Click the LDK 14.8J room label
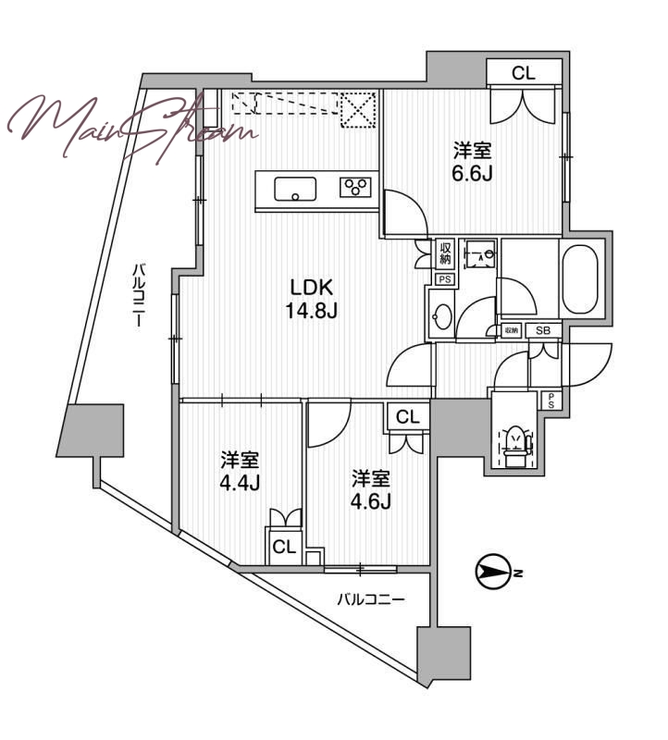pyautogui.click(x=311, y=299)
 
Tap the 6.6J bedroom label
pyautogui.click(x=473, y=163)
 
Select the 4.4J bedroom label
pyautogui.click(x=240, y=472)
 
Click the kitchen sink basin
pyautogui.click(x=295, y=189)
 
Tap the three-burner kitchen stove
pyautogui.click(x=355, y=188)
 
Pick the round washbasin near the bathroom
pyautogui.click(x=442, y=316)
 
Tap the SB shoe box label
pyautogui.click(x=543, y=331)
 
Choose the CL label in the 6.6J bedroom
pyautogui.click(x=524, y=74)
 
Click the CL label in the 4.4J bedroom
pyautogui.click(x=284, y=547)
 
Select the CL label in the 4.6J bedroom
pyautogui.click(x=408, y=417)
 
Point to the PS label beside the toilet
pyautogui.click(x=550, y=401)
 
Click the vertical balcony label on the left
pyautogui.click(x=139, y=295)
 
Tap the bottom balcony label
pyautogui.click(x=371, y=600)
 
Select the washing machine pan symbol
pyautogui.click(x=479, y=255)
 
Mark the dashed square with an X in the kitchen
pyautogui.click(x=358, y=110)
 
